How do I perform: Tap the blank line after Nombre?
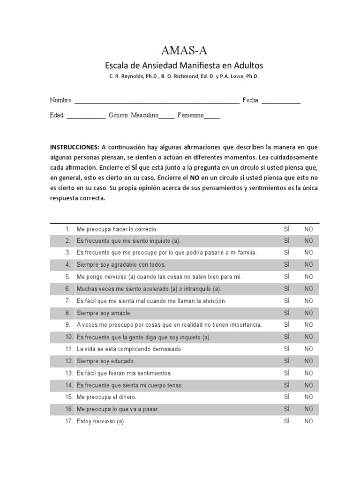(157, 101)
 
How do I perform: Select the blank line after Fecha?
(281, 101)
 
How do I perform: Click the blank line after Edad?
(86, 116)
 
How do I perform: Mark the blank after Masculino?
(166, 116)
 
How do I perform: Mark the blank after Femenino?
(211, 116)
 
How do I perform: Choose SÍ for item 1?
(287, 229)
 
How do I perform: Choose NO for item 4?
(308, 265)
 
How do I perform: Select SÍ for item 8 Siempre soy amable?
(287, 313)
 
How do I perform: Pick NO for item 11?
(308, 349)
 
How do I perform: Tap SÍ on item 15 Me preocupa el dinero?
(287, 397)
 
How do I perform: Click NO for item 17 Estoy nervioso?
(308, 421)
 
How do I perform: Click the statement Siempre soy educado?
(105, 361)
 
